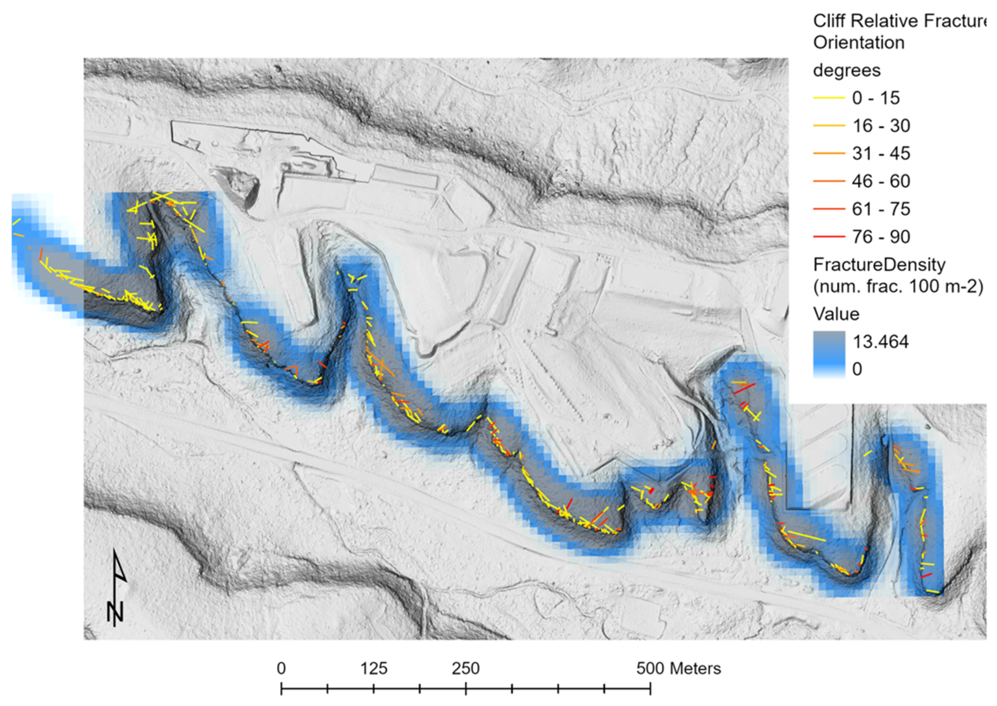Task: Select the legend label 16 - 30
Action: (881, 126)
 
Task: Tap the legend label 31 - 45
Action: (881, 154)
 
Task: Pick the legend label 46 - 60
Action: (881, 182)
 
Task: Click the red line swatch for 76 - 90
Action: (829, 237)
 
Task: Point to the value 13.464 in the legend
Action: (881, 342)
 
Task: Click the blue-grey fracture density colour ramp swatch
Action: (829, 354)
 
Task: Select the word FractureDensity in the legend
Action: (879, 265)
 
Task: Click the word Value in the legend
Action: (836, 314)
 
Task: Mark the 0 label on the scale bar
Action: (282, 669)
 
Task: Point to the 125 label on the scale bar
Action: (374, 669)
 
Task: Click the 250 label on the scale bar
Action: (466, 669)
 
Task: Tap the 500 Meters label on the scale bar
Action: (679, 669)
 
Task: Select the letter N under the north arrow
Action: (115, 612)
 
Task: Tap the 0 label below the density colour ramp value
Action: (857, 369)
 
